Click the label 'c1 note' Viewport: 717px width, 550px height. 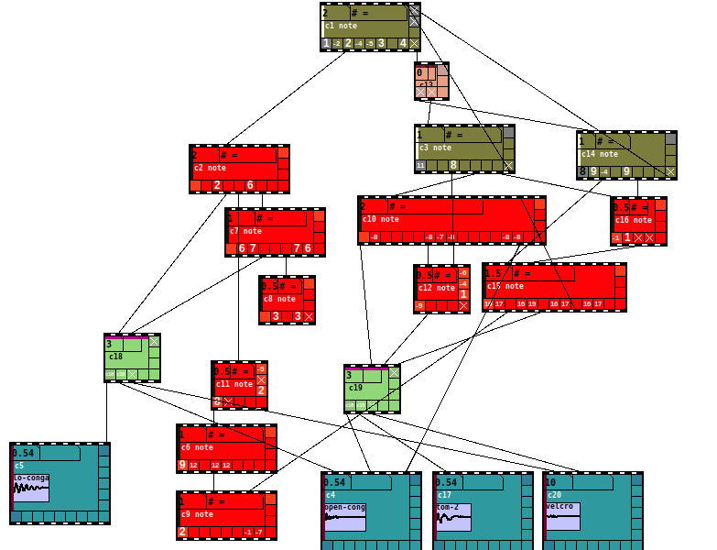pyautogui.click(x=342, y=26)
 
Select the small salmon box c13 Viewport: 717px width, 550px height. pyautogui.click(x=431, y=81)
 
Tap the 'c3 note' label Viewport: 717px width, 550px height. pyautogui.click(x=436, y=148)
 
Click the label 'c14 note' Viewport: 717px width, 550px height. pyautogui.click(x=600, y=154)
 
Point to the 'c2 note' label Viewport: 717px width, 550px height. pyautogui.click(x=210, y=169)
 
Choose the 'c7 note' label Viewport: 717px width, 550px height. pyautogui.click(x=245, y=231)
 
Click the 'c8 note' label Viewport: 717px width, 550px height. pyautogui.click(x=280, y=299)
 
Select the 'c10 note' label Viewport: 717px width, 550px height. pyautogui.click(x=381, y=219)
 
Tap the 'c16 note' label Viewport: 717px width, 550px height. pyautogui.click(x=634, y=220)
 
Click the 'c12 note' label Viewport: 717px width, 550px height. pyautogui.click(x=437, y=288)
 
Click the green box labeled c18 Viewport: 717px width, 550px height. pyautogui.click(x=132, y=357)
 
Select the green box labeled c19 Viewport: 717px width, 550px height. pyautogui.click(x=372, y=388)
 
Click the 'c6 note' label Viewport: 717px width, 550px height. pyautogui.click(x=197, y=447)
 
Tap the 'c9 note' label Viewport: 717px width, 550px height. pyautogui.click(x=197, y=514)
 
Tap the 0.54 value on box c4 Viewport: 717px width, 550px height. pyautogui.click(x=334, y=482)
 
